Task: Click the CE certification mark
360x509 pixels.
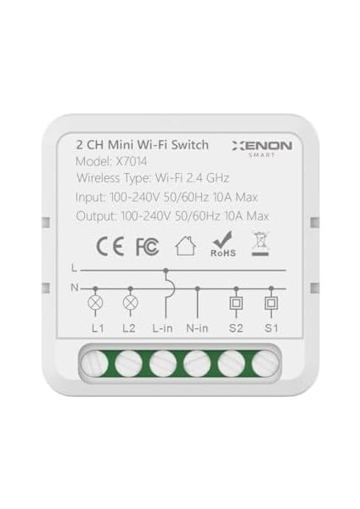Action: coord(108,247)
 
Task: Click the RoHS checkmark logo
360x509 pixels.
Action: coord(222,245)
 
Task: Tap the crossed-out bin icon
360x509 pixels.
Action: coord(259,245)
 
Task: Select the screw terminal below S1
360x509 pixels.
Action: coord(266,363)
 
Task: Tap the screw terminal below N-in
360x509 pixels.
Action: coord(198,363)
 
